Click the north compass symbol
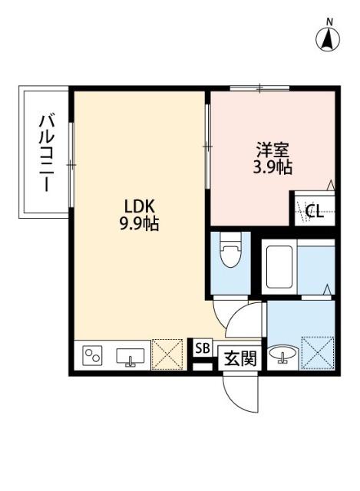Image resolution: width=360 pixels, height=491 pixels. (329, 38)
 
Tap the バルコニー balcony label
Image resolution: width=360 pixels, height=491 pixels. (45, 153)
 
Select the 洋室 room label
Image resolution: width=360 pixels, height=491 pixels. (273, 150)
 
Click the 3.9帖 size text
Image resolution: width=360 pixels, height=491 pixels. (273, 167)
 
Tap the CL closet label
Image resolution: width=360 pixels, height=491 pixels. (314, 212)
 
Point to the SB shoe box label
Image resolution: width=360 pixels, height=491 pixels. (202, 348)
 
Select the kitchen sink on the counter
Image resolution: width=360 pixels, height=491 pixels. (130, 356)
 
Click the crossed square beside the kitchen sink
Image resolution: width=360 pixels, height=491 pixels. (166, 354)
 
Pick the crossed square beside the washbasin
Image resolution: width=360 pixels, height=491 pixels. (318, 354)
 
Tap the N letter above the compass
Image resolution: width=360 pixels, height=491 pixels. (329, 21)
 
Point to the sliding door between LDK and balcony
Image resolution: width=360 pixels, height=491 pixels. (71, 164)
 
